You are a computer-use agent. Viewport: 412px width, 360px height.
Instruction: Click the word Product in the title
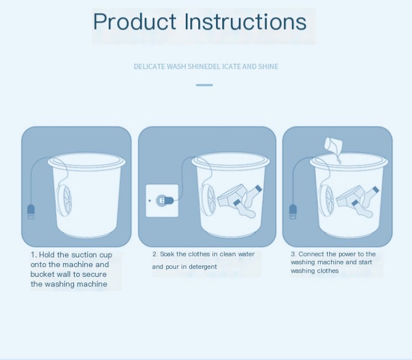click(x=134, y=22)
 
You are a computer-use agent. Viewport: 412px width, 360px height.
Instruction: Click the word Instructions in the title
click(x=246, y=22)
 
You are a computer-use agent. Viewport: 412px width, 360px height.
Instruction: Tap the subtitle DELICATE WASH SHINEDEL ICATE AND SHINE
click(x=206, y=67)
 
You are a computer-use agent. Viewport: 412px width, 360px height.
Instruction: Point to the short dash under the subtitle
click(x=204, y=85)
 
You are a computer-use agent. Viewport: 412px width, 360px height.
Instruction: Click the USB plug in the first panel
click(x=31, y=211)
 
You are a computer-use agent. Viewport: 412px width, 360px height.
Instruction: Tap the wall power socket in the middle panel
click(x=162, y=201)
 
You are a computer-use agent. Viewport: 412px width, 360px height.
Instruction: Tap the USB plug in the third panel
click(x=293, y=211)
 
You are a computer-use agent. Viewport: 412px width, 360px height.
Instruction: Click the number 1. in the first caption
click(x=34, y=255)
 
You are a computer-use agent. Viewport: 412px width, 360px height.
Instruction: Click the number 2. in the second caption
click(x=155, y=254)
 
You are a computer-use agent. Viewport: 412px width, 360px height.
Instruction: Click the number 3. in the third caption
click(x=293, y=254)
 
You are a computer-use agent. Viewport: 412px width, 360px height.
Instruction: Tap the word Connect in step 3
click(x=311, y=254)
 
